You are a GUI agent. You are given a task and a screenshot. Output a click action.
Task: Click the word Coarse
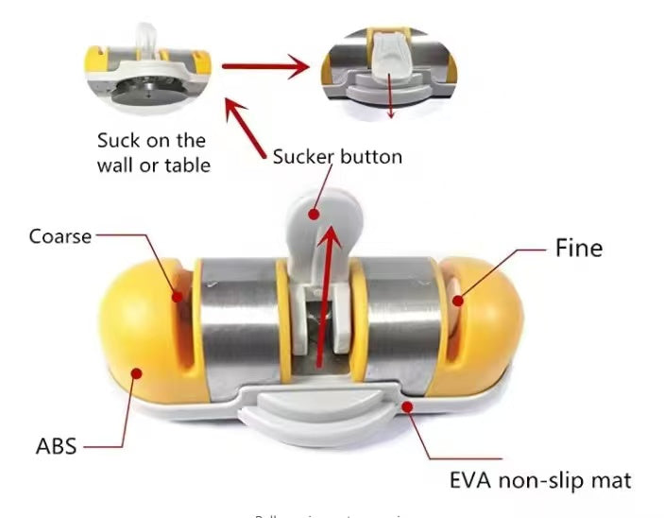60,235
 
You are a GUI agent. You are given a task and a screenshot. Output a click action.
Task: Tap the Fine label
577,249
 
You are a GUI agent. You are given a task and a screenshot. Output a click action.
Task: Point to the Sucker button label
337,156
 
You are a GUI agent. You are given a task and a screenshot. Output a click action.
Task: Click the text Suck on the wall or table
151,152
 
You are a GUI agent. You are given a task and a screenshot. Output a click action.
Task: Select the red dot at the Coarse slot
176,295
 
